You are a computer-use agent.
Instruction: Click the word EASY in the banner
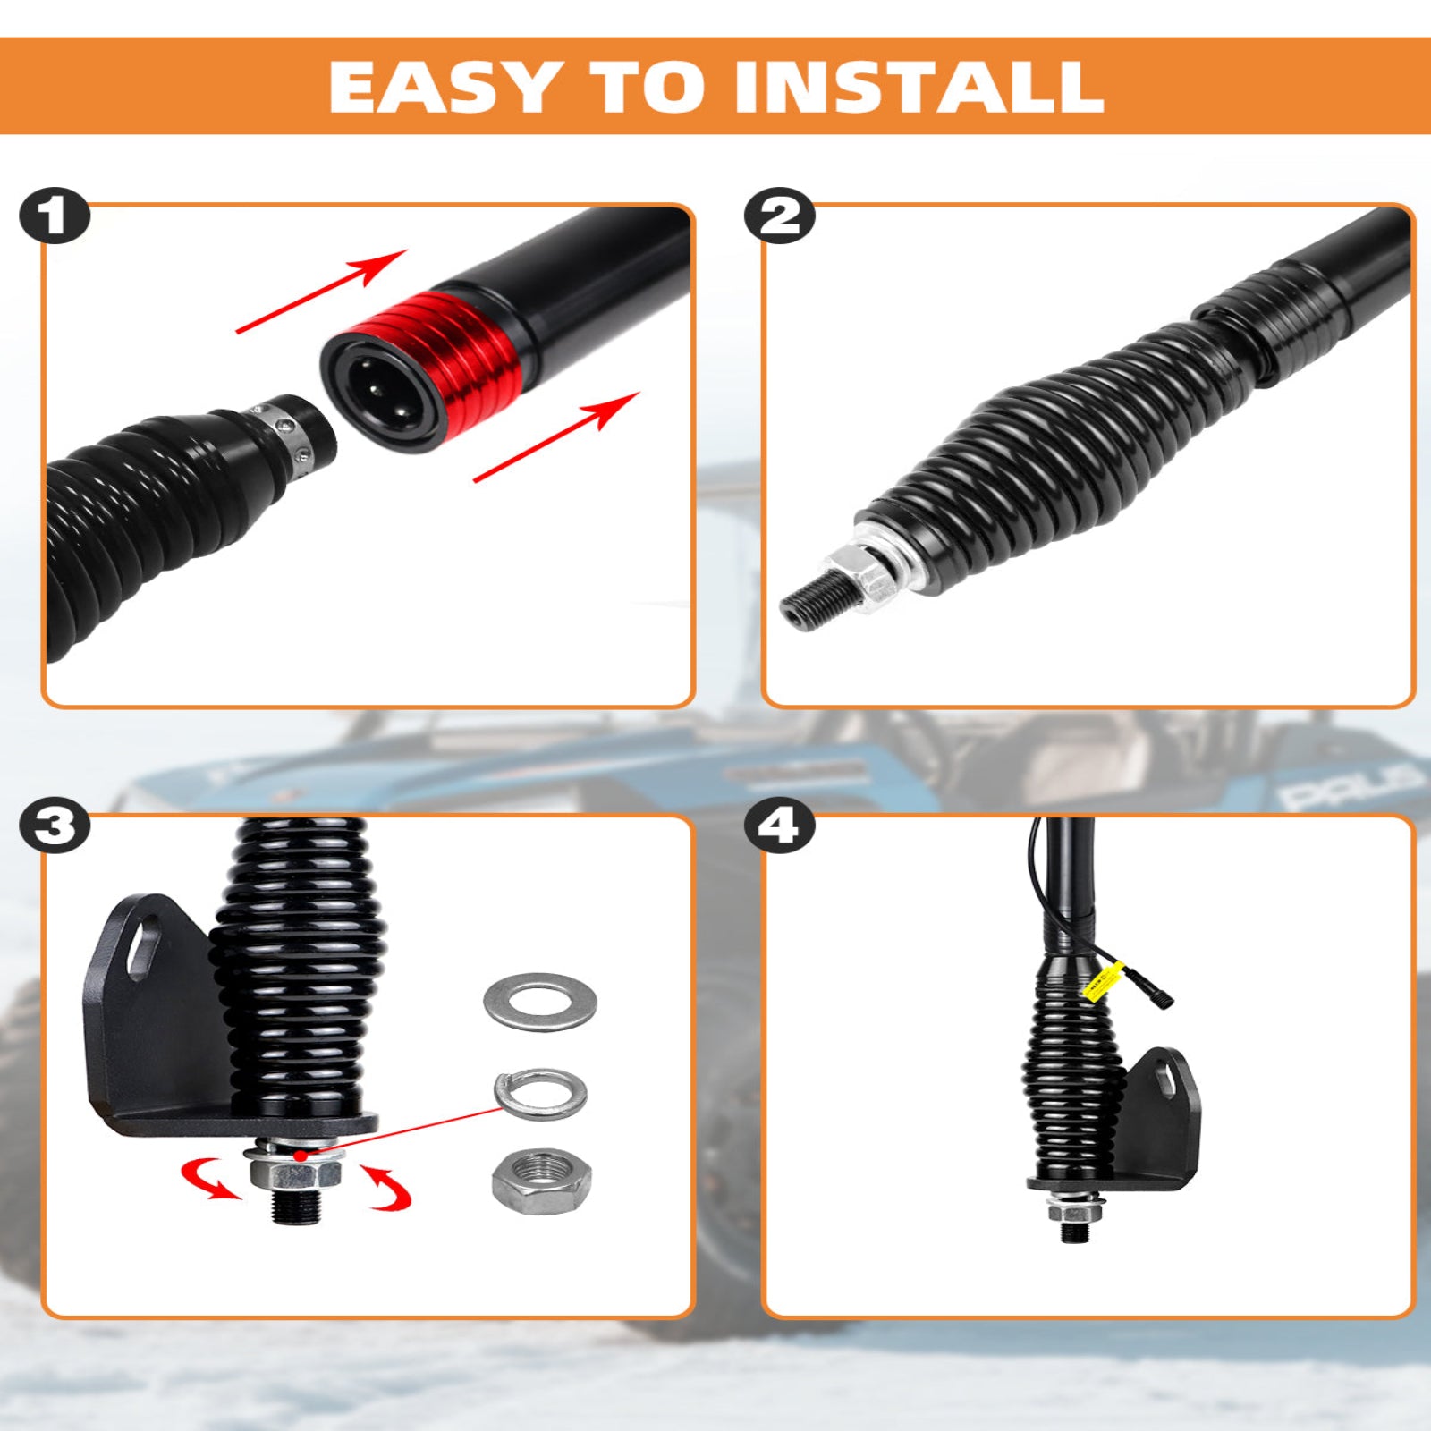tap(445, 88)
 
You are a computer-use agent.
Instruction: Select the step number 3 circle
tap(55, 826)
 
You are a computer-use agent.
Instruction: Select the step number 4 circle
tap(779, 826)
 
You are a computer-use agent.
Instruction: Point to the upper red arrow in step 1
tap(322, 291)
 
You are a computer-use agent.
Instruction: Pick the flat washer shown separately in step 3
tap(539, 1002)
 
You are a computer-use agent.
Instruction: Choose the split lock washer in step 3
tap(540, 1092)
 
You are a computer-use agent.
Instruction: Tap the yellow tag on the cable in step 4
tap(1103, 981)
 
